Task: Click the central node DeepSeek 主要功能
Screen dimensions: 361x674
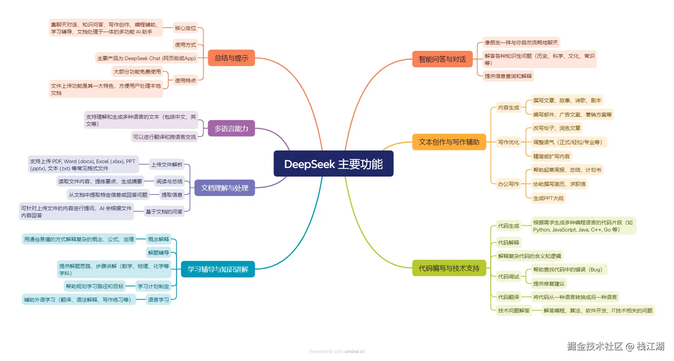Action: pyautogui.click(x=333, y=164)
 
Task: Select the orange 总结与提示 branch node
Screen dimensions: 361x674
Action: pyautogui.click(x=231, y=58)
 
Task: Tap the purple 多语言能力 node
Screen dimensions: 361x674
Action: pyautogui.click(x=231, y=128)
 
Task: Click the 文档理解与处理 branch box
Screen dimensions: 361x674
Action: pyautogui.click(x=225, y=188)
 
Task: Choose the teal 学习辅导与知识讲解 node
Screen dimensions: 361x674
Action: pyautogui.click(x=218, y=269)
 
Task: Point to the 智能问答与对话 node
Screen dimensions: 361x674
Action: pyautogui.click(x=442, y=59)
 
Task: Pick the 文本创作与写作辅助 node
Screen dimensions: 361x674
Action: pyautogui.click(x=449, y=142)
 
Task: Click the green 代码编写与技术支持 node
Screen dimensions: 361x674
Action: pyautogui.click(x=449, y=268)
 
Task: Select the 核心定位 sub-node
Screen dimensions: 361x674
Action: pyautogui.click(x=185, y=28)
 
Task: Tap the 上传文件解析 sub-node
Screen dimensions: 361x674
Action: pyautogui.click(x=167, y=165)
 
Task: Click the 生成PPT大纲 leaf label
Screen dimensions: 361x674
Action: pyautogui.click(x=548, y=198)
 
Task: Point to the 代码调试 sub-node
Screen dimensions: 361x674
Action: pyautogui.click(x=508, y=277)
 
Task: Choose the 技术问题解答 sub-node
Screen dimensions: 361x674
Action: pyautogui.click(x=514, y=311)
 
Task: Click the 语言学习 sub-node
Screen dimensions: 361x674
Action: pyautogui.click(x=158, y=300)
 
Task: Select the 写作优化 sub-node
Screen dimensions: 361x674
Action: pyautogui.click(x=508, y=142)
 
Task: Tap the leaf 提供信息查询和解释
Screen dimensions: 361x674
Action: pyautogui.click(x=508, y=76)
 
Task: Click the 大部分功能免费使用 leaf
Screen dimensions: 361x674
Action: pyautogui.click(x=137, y=72)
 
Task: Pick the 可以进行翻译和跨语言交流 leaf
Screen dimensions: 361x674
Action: pyautogui.click(x=164, y=137)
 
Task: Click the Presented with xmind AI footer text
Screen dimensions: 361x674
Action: pyautogui.click(x=337, y=352)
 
